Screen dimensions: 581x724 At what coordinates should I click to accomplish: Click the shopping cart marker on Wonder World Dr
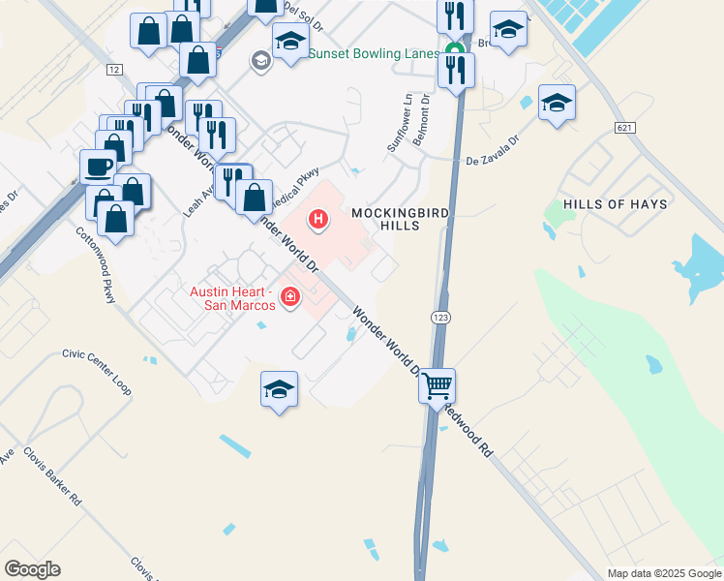437,385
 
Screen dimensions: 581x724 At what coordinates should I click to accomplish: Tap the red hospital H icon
317,221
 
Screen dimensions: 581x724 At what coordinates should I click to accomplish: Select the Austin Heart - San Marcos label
232,298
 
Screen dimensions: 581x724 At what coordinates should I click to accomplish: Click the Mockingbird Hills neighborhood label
386,218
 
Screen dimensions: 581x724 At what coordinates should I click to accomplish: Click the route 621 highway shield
624,129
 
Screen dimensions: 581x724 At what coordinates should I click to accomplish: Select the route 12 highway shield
115,70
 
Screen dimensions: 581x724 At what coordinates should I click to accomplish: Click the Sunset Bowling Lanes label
374,53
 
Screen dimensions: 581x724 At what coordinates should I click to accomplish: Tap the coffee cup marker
97,166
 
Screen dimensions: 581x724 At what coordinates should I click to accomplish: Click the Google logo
32,569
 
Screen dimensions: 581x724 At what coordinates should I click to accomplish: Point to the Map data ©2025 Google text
663,573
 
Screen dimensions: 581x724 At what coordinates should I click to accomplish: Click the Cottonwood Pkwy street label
96,266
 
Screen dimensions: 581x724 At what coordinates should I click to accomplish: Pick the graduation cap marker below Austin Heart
279,389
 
